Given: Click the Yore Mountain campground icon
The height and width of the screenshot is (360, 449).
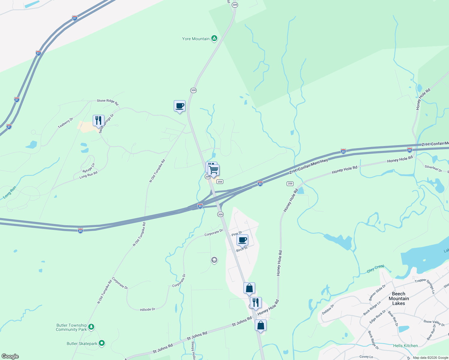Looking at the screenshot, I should click(214, 38).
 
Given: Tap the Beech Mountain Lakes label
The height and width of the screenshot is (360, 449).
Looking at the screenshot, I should click(399, 298).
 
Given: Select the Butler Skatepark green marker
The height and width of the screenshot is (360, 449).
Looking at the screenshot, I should click(102, 343).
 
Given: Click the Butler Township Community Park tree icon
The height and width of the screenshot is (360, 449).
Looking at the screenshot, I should click(91, 327).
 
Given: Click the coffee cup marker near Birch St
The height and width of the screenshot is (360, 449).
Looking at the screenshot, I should click(242, 240).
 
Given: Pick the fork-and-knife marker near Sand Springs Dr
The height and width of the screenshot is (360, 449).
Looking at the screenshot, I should click(98, 121).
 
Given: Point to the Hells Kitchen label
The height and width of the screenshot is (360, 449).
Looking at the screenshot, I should click(405, 346).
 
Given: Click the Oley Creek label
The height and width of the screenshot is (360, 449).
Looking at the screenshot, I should click(375, 268).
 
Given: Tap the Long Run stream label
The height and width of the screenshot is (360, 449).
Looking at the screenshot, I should click(9, 192).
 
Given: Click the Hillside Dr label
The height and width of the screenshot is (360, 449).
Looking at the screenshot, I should click(147, 309).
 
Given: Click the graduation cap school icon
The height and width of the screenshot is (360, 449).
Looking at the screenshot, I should click(214, 260).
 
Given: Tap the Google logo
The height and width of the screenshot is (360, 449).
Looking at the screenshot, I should click(10, 356).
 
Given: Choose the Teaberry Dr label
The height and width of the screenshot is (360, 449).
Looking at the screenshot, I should click(65, 123).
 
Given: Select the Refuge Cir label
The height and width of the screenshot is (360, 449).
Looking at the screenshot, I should click(89, 168).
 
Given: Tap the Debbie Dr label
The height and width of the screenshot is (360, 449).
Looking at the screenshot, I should click(328, 309).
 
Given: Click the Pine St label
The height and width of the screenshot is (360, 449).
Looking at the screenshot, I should click(237, 233).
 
